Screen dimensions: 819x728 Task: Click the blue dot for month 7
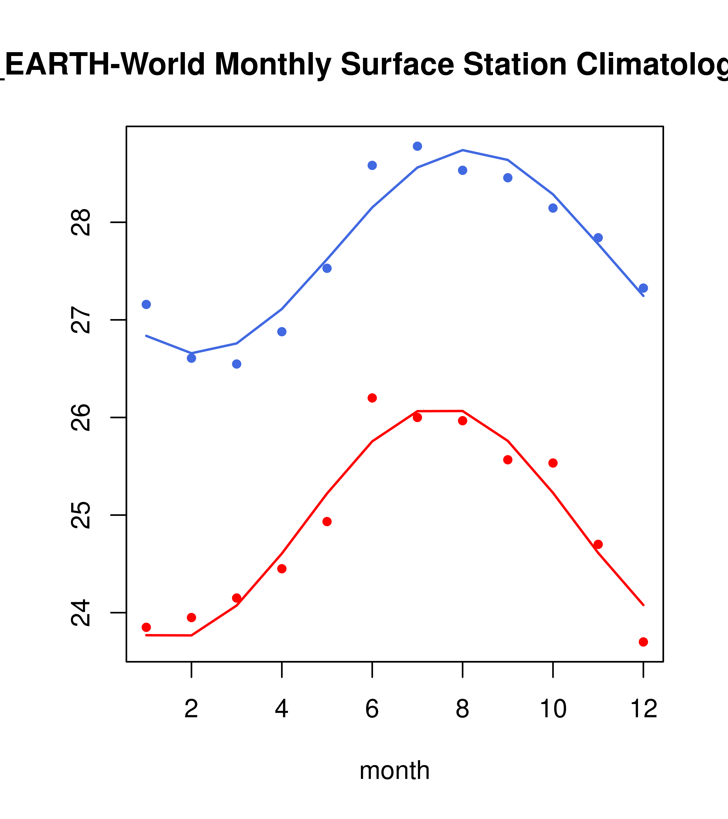click(417, 146)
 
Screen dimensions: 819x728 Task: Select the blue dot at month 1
click(146, 304)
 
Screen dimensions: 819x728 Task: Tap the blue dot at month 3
click(236, 364)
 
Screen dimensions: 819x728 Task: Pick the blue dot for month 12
click(643, 288)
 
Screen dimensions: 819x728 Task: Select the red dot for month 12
click(643, 642)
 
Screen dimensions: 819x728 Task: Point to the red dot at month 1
click(146, 627)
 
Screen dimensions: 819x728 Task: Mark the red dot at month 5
click(327, 521)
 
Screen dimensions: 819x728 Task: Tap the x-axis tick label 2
click(192, 709)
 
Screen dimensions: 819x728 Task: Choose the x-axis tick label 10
click(553, 709)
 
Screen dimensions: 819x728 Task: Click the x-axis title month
click(394, 770)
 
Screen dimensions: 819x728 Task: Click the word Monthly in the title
click(273, 64)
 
